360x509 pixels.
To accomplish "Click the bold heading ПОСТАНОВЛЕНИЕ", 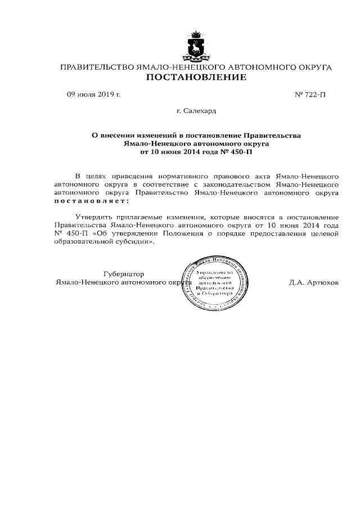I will click(x=196, y=78).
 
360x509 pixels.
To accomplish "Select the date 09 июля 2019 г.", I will click(x=94, y=94).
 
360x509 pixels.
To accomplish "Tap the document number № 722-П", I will click(x=310, y=95).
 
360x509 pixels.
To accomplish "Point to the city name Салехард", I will click(x=196, y=112).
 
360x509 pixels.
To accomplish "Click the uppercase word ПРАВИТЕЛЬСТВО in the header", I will click(x=97, y=67).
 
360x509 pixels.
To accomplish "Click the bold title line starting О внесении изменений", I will click(x=196, y=136).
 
